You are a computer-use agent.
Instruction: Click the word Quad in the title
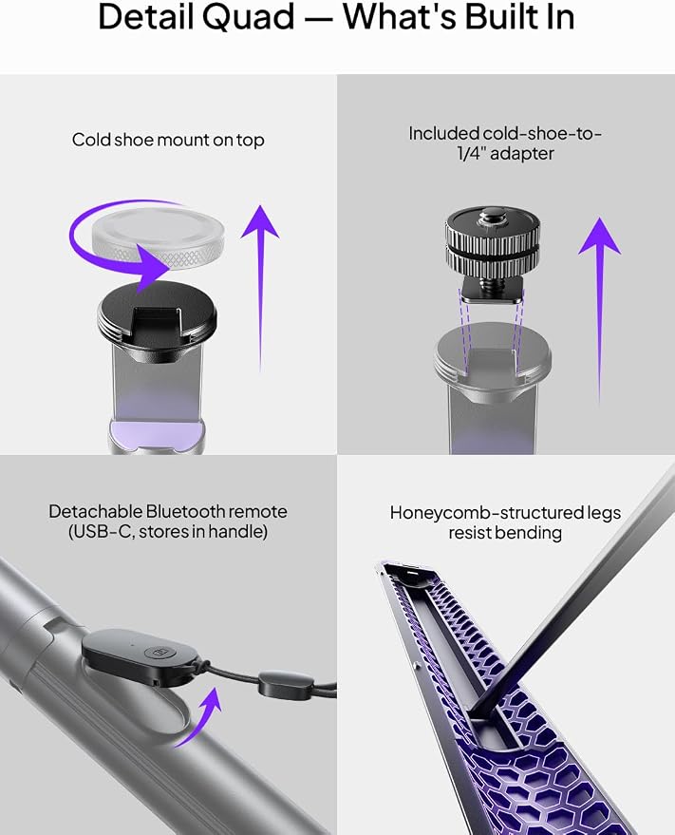249,17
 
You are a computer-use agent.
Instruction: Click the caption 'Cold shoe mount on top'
168,140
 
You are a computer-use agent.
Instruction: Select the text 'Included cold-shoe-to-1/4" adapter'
505,143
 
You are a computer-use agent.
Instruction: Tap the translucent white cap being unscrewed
159,237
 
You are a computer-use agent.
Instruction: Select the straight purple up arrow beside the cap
260,288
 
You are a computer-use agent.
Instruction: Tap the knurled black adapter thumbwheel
493,242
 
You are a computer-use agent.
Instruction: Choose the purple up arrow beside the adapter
599,309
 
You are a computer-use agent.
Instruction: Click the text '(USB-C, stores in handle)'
168,532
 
